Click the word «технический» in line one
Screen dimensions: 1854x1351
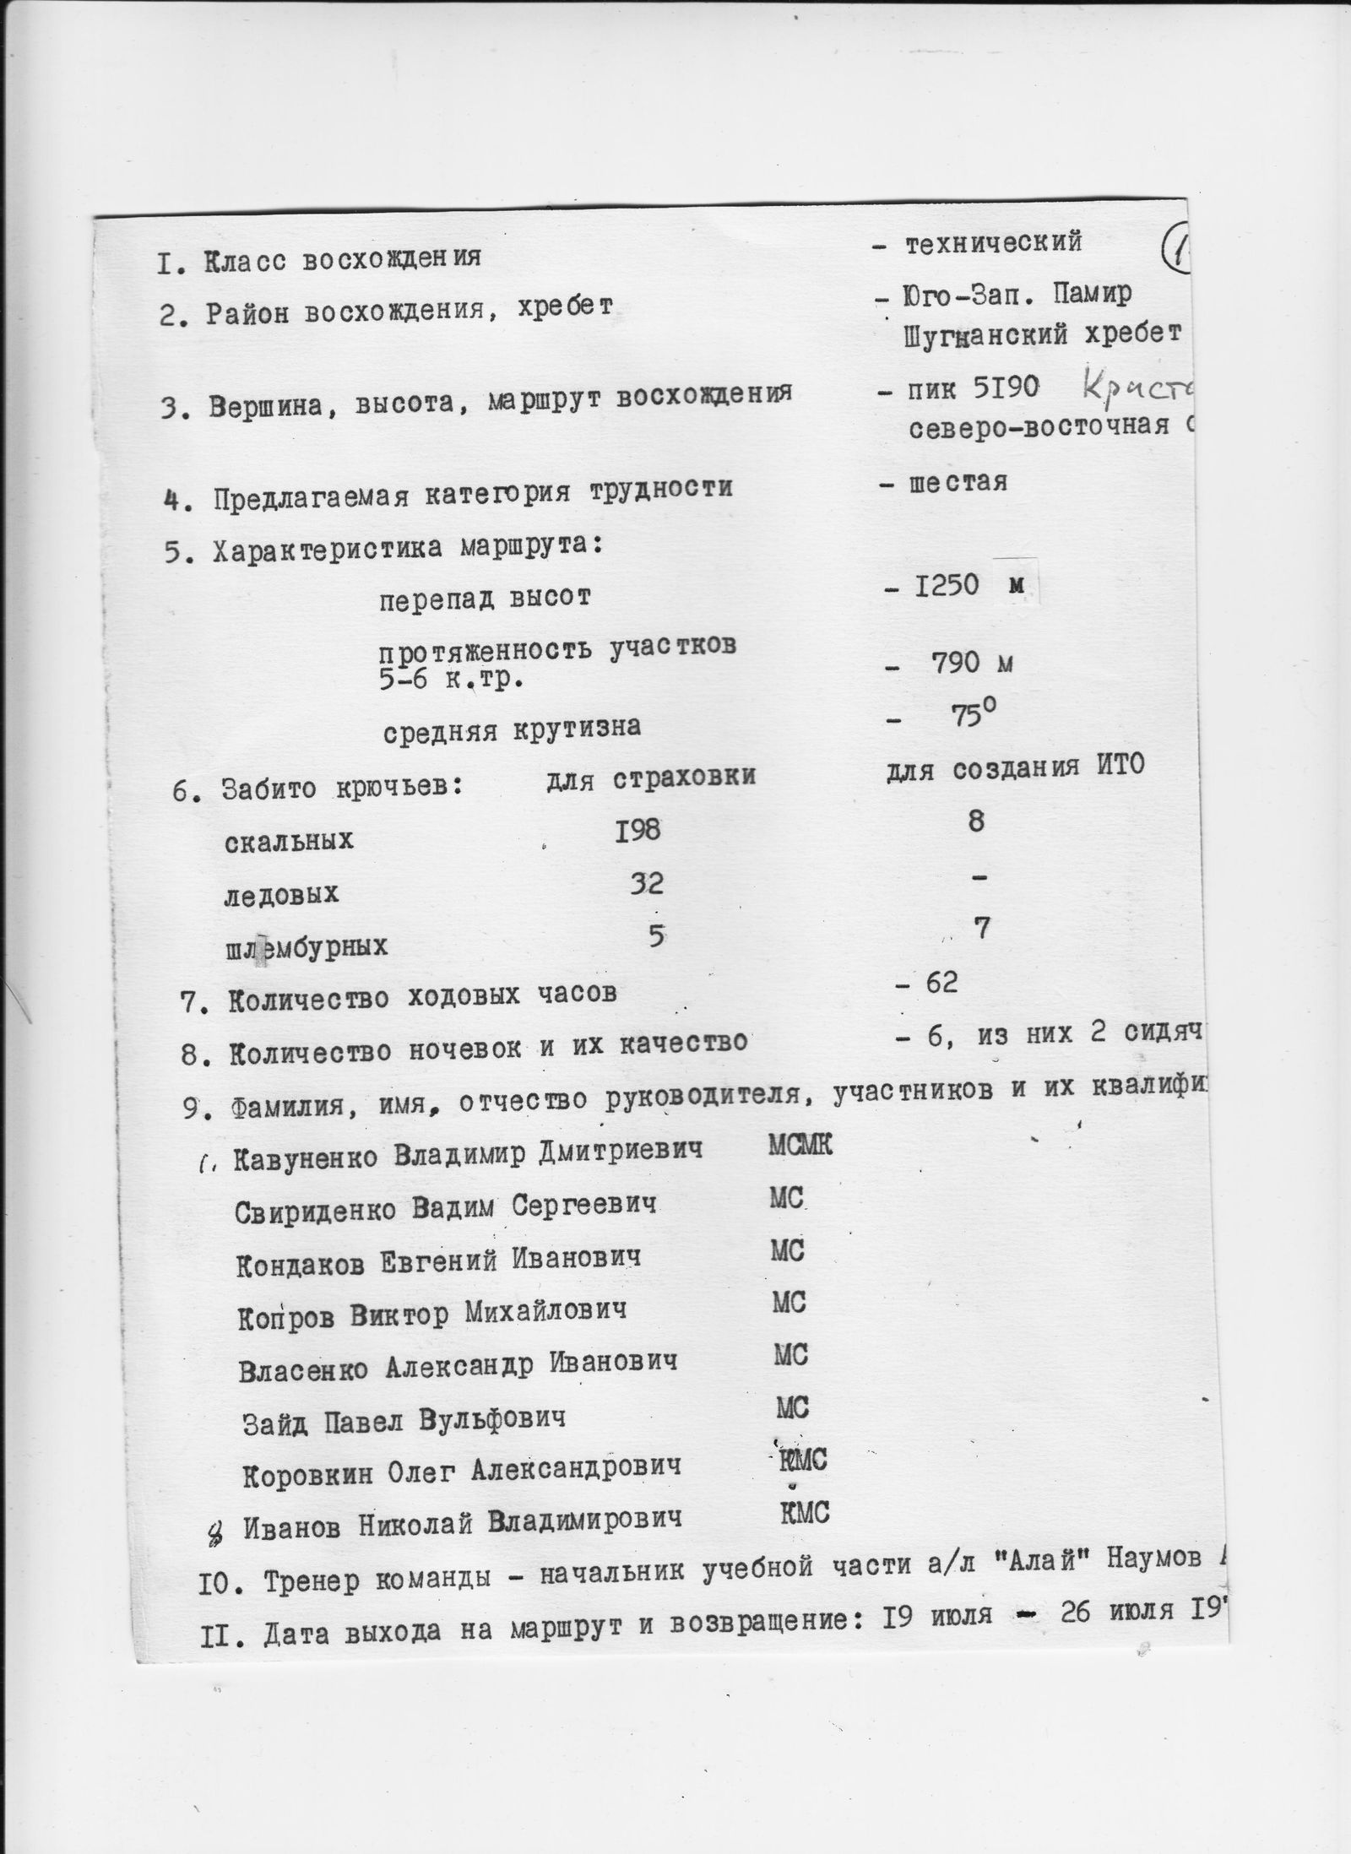coord(993,243)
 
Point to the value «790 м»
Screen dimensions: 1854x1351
coord(970,664)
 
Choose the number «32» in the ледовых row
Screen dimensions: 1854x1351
coord(646,884)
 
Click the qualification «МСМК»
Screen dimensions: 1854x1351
coord(800,1146)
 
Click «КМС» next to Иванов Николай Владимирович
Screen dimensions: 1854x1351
coord(804,1512)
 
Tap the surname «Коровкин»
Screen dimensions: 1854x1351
coord(305,1473)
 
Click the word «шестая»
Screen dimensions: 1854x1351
coord(958,482)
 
